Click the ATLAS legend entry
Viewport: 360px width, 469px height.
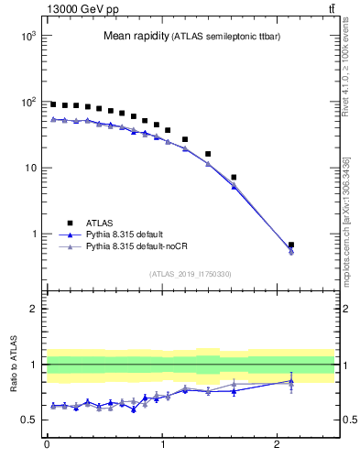click(x=100, y=223)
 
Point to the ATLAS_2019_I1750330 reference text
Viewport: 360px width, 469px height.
click(x=190, y=274)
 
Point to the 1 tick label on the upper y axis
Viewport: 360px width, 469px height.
click(x=32, y=234)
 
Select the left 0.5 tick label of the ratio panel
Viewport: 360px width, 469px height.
click(x=27, y=420)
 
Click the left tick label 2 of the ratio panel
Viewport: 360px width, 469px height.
click(x=32, y=309)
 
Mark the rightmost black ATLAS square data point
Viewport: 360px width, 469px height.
click(x=291, y=245)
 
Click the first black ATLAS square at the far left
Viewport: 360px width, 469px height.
click(x=53, y=104)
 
